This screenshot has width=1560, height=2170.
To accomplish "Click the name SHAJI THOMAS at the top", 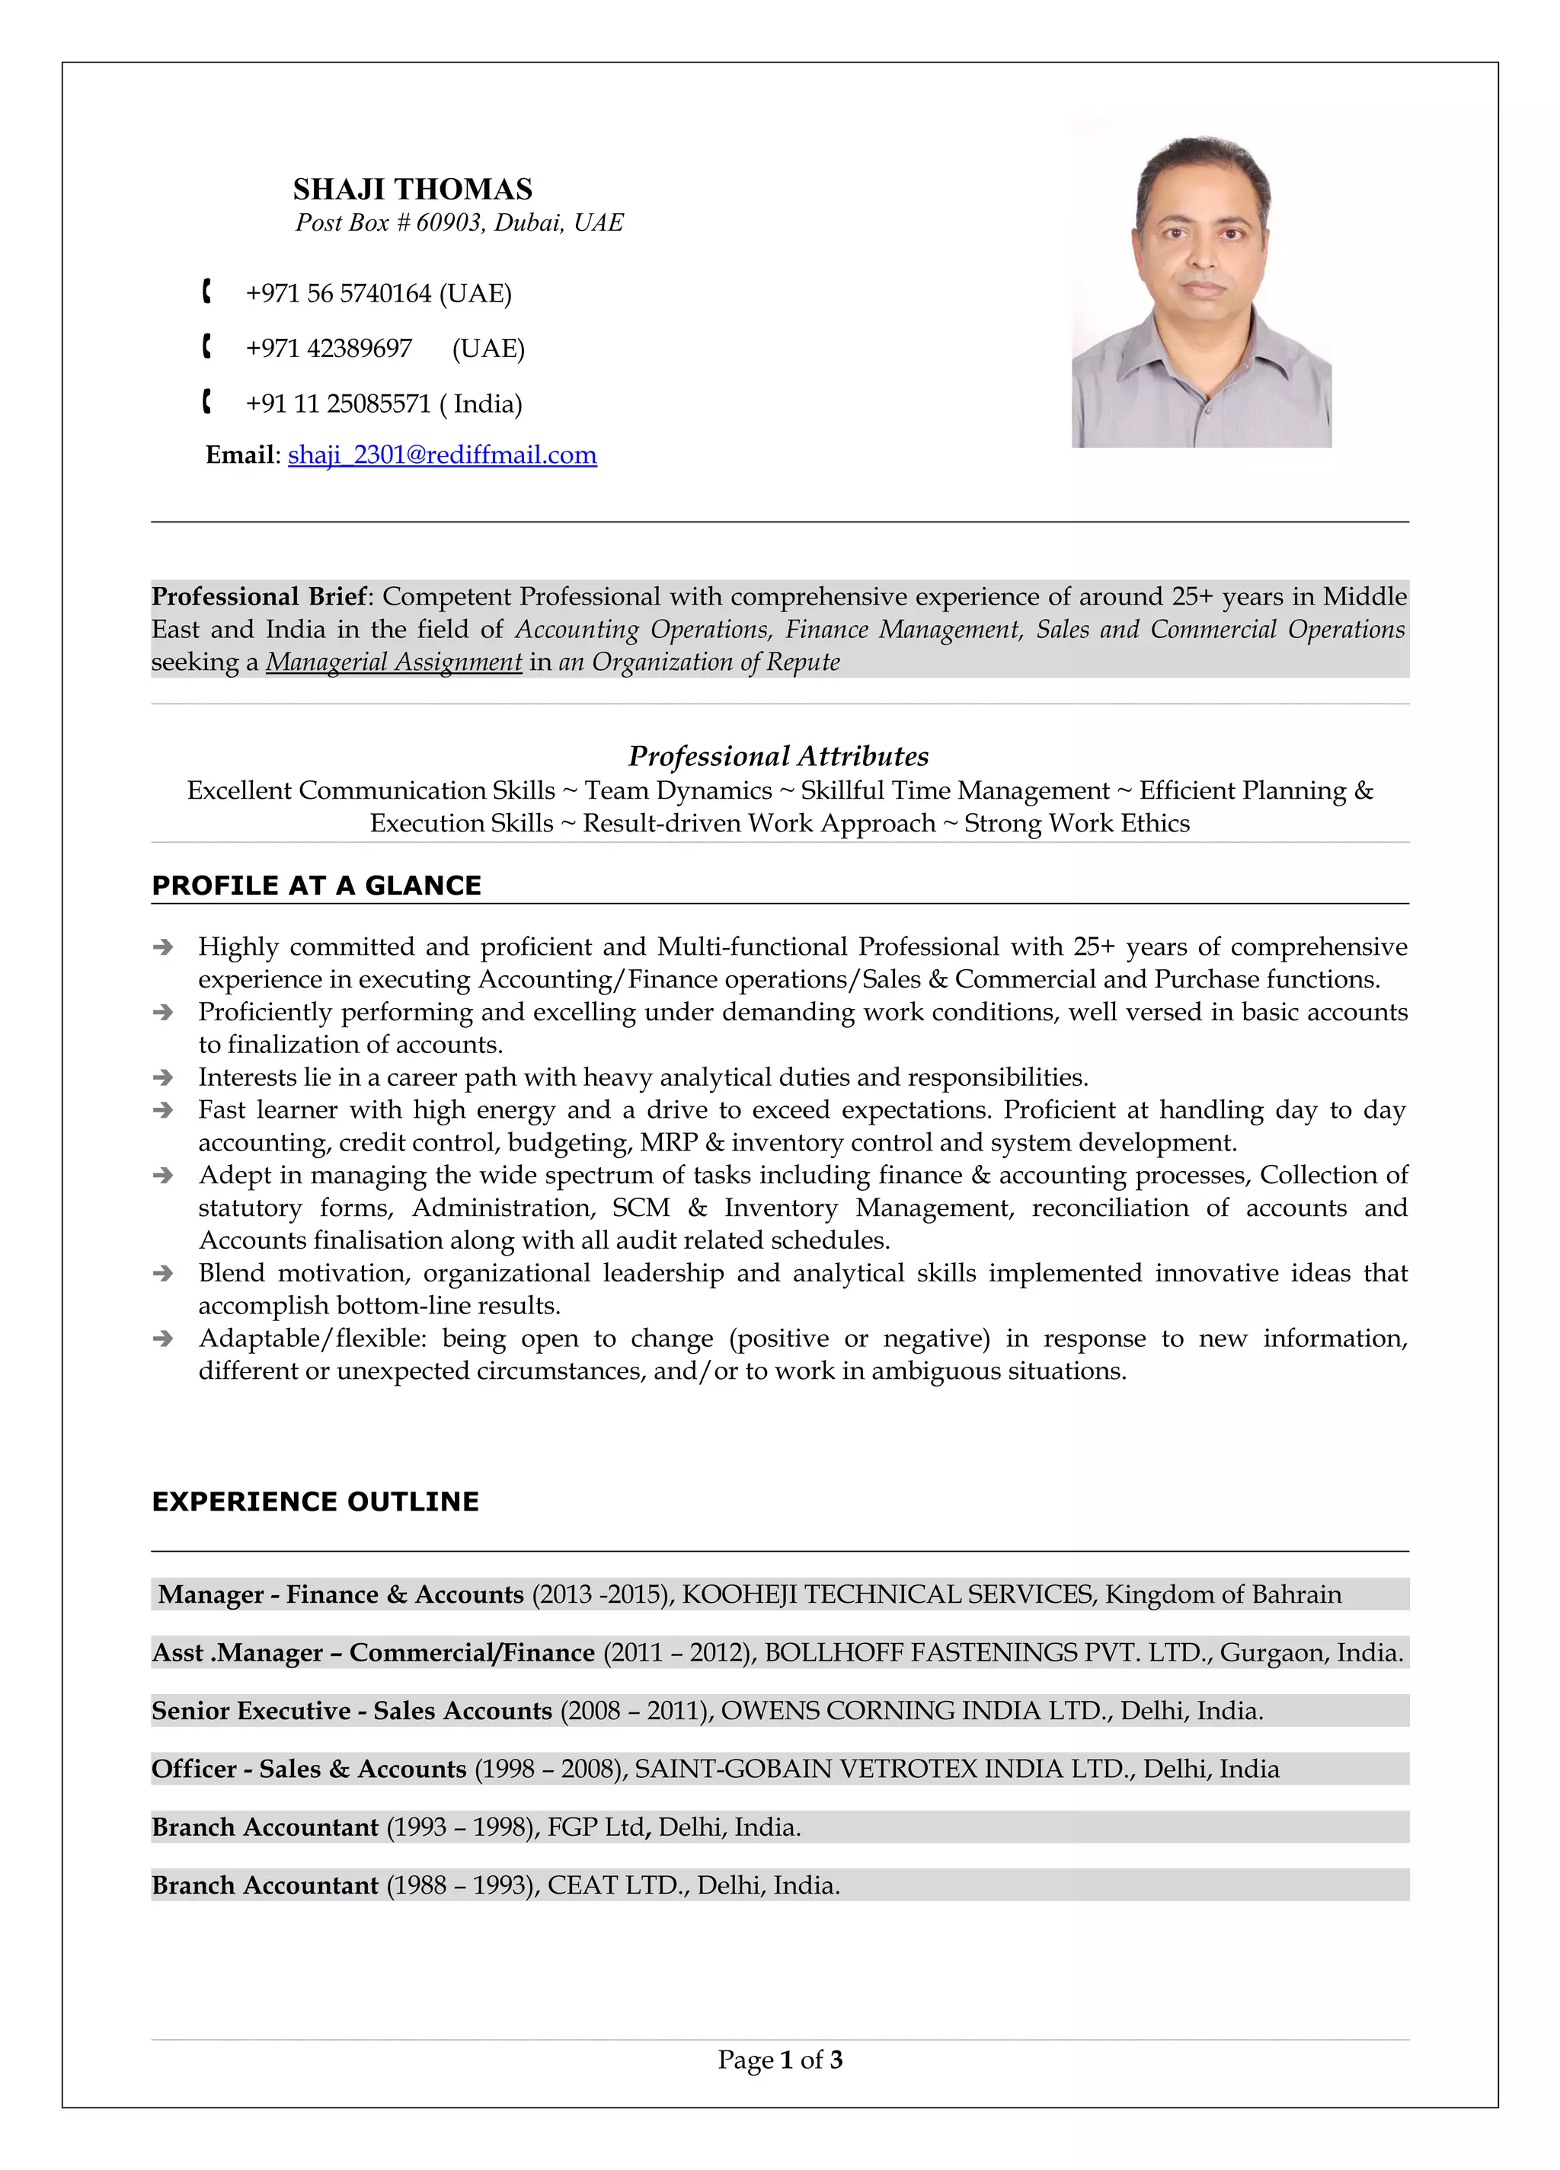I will click(x=413, y=190).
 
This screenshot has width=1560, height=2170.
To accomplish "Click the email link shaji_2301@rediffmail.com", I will click(x=442, y=455).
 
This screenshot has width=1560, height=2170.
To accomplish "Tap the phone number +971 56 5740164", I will click(x=339, y=294).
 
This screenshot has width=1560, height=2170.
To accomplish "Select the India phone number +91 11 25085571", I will click(x=339, y=404).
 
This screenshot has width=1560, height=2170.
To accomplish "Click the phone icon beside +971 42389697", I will click(x=206, y=347).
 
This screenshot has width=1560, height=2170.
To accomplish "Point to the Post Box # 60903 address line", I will click(x=459, y=223).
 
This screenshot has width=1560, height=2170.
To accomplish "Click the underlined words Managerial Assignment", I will click(x=393, y=662).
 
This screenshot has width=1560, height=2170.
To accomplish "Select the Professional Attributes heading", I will click(x=778, y=757).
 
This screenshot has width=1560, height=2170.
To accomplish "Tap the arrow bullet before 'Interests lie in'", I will click(x=164, y=1077).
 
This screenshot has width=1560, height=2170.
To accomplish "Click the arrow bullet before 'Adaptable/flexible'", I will click(x=164, y=1339).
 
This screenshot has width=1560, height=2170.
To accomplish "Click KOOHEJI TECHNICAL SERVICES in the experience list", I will click(x=887, y=1595).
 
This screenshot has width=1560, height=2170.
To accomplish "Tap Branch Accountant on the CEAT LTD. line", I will click(x=265, y=1886).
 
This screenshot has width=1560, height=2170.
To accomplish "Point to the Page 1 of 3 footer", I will click(x=780, y=2060).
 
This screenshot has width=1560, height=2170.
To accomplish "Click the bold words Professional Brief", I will click(x=258, y=597).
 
